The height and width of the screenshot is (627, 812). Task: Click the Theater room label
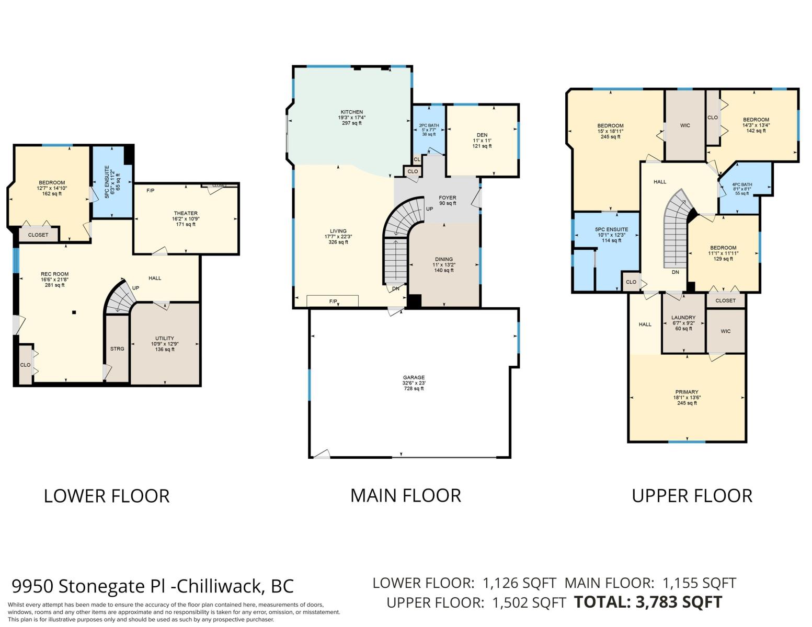tap(186, 213)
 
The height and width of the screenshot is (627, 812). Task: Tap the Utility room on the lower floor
tap(165, 344)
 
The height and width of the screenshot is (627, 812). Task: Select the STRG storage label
tap(117, 349)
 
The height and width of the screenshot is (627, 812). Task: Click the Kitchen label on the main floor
tap(352, 112)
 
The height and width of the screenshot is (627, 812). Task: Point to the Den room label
tap(482, 135)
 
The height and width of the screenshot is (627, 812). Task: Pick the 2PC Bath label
tap(429, 125)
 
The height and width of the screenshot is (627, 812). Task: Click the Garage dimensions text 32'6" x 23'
tap(414, 383)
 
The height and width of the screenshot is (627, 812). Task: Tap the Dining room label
tap(444, 259)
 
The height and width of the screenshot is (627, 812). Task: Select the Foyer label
tap(448, 198)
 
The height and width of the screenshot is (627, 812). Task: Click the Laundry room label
tap(683, 318)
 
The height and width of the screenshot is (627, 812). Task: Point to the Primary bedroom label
tap(687, 392)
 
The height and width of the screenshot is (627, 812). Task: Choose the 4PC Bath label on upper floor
tap(742, 184)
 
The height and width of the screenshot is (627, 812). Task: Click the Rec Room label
tap(54, 274)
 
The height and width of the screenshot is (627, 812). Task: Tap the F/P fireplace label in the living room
tap(333, 301)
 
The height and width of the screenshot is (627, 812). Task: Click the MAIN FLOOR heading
tap(406, 496)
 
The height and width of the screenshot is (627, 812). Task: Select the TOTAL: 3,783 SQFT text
tap(648, 602)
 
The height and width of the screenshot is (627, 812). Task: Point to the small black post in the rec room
tap(74, 312)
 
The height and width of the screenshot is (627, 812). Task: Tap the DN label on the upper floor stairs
tap(676, 272)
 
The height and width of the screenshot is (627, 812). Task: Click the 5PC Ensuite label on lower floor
tap(112, 181)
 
